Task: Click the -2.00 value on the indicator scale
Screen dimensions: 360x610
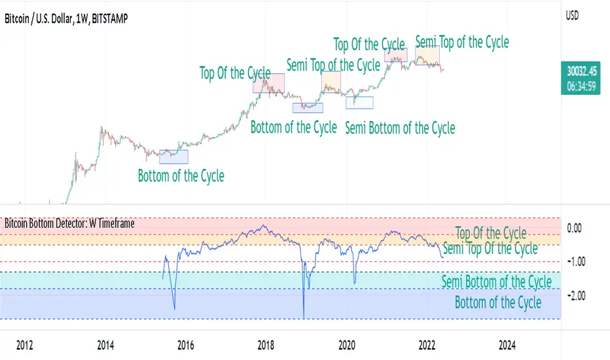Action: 575,296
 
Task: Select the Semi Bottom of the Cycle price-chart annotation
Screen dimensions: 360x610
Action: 399,128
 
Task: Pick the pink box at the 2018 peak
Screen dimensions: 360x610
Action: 268,82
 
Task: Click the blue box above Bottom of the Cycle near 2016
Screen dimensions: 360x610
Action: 173,156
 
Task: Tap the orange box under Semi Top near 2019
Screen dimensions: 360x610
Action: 331,82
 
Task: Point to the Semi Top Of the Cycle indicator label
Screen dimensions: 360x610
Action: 490,248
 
